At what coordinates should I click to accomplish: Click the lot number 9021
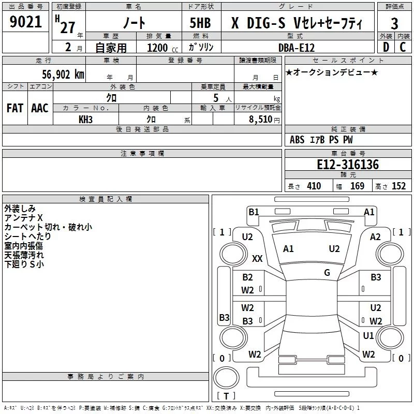[x=26, y=22]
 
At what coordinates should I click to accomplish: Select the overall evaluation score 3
[x=394, y=24]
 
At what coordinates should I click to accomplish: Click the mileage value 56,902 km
[x=57, y=75]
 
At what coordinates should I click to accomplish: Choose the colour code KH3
[x=85, y=119]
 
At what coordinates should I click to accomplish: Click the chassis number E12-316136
[x=348, y=165]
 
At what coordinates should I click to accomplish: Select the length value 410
[x=314, y=186]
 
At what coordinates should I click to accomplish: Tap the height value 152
[x=398, y=186]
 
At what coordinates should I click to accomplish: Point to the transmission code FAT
[x=15, y=108]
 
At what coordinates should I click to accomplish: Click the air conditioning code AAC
[x=40, y=108]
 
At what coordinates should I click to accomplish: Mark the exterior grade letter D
[x=386, y=47]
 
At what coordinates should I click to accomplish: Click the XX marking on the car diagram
[x=257, y=258]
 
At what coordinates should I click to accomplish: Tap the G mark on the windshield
[x=327, y=272]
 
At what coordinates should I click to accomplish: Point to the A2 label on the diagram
[x=376, y=236]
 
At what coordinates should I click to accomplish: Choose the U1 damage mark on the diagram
[x=368, y=336]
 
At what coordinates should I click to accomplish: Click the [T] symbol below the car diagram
[x=226, y=396]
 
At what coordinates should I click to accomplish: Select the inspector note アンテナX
[x=24, y=218]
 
